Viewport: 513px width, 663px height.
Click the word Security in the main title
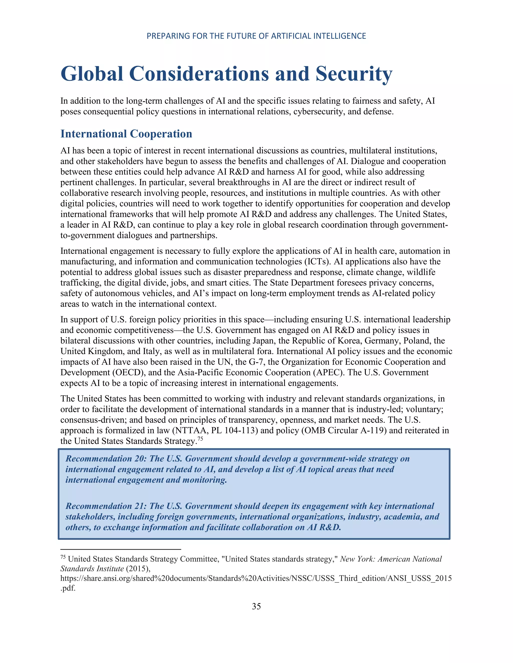point(354,74)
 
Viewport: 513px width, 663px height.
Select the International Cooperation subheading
point(126,134)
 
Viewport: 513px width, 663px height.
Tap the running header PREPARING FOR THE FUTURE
point(256,36)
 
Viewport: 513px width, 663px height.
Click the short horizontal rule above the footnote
point(121,549)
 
